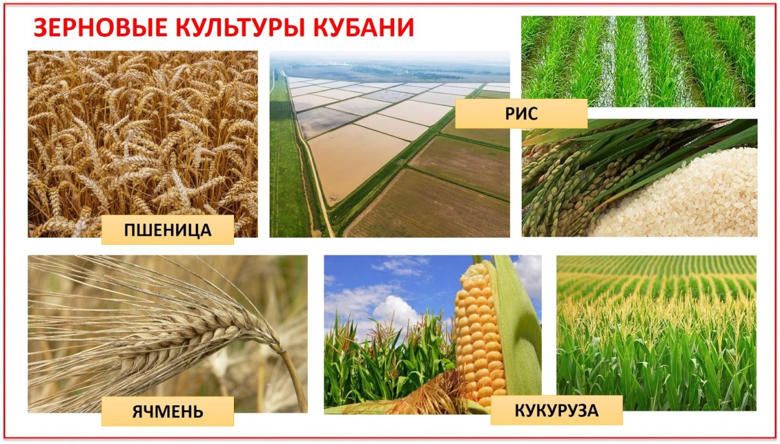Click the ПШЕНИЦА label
coord(167,230)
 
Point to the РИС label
coord(521,114)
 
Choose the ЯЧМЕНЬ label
coord(167,412)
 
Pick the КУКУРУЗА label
coord(556,410)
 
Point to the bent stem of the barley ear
coord(293,375)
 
